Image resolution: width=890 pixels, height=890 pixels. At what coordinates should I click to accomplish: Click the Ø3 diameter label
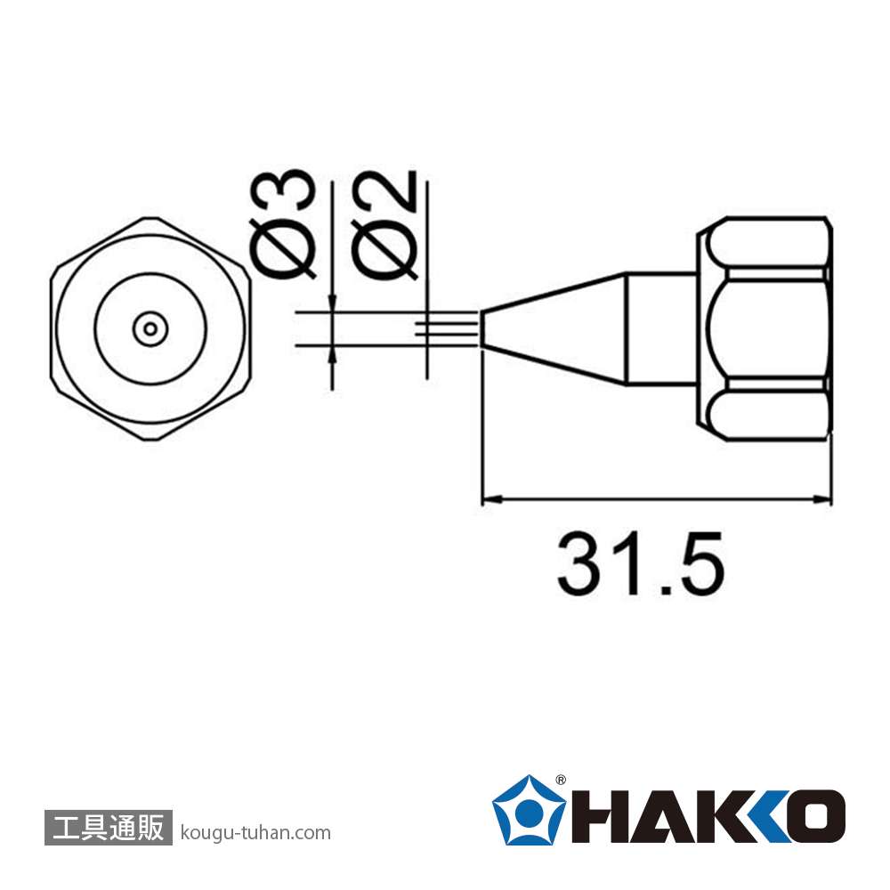click(282, 223)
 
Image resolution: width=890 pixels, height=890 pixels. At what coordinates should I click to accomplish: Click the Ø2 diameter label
click(384, 225)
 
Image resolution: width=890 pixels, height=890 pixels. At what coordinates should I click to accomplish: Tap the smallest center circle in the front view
click(150, 328)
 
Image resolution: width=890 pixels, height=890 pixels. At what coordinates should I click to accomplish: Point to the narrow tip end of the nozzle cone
click(482, 328)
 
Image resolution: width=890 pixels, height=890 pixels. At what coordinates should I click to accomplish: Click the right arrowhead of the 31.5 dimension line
click(821, 499)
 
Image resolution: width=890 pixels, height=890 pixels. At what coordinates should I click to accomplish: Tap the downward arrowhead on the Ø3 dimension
click(332, 302)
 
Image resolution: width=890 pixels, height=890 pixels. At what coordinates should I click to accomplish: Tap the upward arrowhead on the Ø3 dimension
click(332, 354)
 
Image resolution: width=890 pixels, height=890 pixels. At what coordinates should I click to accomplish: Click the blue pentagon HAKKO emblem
click(529, 811)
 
